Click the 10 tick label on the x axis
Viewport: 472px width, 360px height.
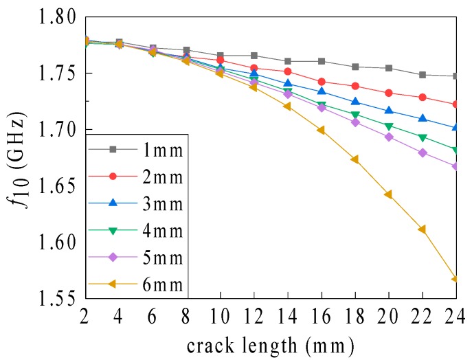point(220,318)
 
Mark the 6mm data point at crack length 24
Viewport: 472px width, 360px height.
point(455,279)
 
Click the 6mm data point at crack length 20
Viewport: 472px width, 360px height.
point(388,194)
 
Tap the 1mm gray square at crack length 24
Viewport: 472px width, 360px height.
point(456,76)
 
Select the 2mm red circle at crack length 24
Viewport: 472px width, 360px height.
point(456,104)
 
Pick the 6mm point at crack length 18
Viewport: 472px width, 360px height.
point(355,159)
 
